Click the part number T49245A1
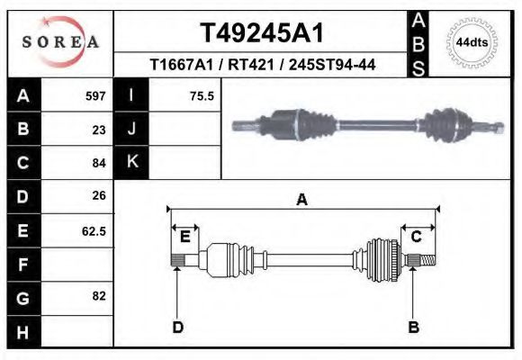(261, 33)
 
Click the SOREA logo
(61, 42)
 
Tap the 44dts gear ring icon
(472, 42)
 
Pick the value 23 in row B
(99, 130)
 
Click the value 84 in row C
(99, 163)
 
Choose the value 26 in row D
(99, 195)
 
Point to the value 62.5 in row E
(94, 230)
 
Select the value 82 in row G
(99, 296)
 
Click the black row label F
(22, 264)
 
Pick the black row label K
(132, 162)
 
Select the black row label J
(132, 130)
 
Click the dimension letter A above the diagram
(302, 201)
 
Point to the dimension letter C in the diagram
(417, 237)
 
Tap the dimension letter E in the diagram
(184, 237)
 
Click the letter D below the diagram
(177, 328)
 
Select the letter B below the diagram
(414, 328)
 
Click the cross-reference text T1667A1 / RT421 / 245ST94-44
(261, 65)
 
